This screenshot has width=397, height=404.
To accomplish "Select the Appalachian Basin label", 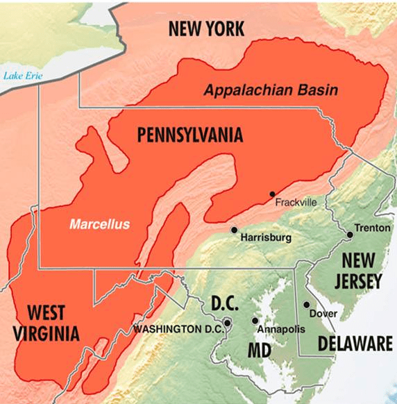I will pyautogui.click(x=270, y=90).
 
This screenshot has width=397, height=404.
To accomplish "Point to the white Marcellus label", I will pyautogui.click(x=99, y=224).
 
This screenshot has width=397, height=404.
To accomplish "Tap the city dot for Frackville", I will pyautogui.click(x=272, y=194).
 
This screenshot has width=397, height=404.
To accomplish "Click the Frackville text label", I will pyautogui.click(x=296, y=203).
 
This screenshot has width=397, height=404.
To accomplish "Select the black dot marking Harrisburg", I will pyautogui.click(x=235, y=230).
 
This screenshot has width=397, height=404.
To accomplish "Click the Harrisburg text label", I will pyautogui.click(x=263, y=237).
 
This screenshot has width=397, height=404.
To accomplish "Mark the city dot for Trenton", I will pyautogui.click(x=350, y=235).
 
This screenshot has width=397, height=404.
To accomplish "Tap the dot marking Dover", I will pyautogui.click(x=306, y=305).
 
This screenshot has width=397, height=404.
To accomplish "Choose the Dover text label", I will pyautogui.click(x=323, y=314).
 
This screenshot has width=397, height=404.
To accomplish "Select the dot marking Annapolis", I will pyautogui.click(x=255, y=321).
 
